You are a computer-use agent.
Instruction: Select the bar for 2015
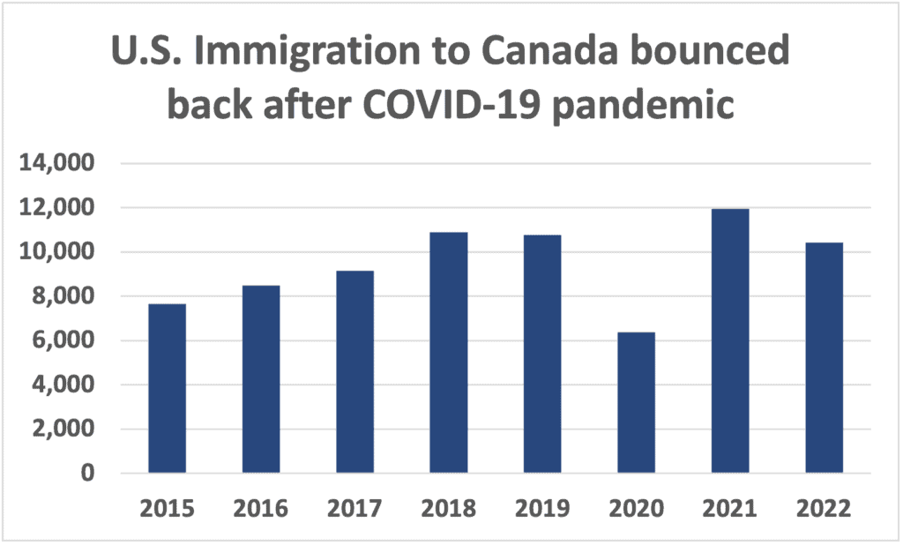[167, 389]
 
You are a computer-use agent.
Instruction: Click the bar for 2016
[261, 379]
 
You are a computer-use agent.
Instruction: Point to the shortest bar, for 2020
[636, 403]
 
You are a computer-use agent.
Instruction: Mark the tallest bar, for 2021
[730, 341]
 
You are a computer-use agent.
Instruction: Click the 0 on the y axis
[86, 474]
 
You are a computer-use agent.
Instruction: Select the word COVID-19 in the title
[469, 107]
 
